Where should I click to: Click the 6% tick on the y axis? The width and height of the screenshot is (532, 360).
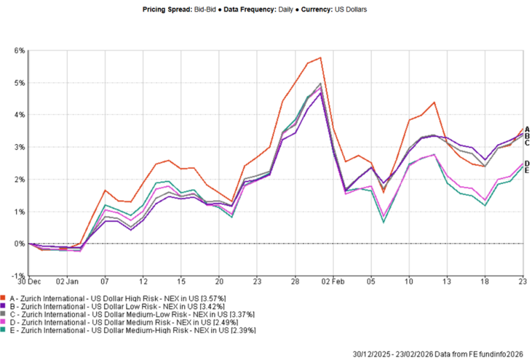[x=19, y=51]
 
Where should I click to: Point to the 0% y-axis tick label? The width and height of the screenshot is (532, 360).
[x=19, y=244]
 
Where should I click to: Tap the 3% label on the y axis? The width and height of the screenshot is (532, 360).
[x=19, y=147]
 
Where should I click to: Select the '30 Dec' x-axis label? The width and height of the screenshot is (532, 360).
[x=29, y=282]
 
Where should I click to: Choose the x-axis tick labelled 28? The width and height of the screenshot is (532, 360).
[x=294, y=282]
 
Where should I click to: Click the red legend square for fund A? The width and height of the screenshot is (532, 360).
[x=6, y=298]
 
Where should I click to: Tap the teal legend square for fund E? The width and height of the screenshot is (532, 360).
[x=6, y=330]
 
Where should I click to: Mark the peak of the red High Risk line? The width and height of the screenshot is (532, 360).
[x=320, y=57]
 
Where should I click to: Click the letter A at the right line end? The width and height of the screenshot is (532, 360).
[x=528, y=129]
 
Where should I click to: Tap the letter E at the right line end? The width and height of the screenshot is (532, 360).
[x=528, y=170]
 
